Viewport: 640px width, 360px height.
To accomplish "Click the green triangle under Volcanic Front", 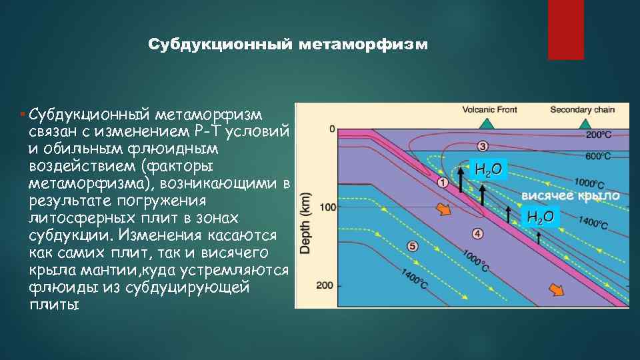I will tap(487, 123).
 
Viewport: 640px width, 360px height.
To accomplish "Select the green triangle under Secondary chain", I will tap(585, 123).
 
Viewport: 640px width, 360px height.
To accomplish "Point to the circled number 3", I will tap(482, 146).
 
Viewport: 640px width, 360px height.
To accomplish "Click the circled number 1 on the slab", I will tap(443, 181).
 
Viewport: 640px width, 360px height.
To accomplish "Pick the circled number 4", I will tap(477, 233).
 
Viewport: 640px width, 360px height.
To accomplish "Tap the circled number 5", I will tap(413, 246).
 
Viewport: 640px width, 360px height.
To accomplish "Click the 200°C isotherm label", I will tap(599, 135).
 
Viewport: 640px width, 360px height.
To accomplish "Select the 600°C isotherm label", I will tap(599, 156).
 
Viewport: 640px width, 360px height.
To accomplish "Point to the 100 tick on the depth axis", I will tap(328, 207).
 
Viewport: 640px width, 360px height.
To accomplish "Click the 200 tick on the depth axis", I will tap(328, 285).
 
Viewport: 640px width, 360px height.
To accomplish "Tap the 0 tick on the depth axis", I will tap(332, 129).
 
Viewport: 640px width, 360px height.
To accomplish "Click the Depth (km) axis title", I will tap(307, 223).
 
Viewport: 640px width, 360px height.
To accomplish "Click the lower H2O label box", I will tap(540, 216).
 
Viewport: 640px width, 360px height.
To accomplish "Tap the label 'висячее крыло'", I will tap(570, 196).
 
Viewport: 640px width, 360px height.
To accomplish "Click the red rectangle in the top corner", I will tap(565, 29).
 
